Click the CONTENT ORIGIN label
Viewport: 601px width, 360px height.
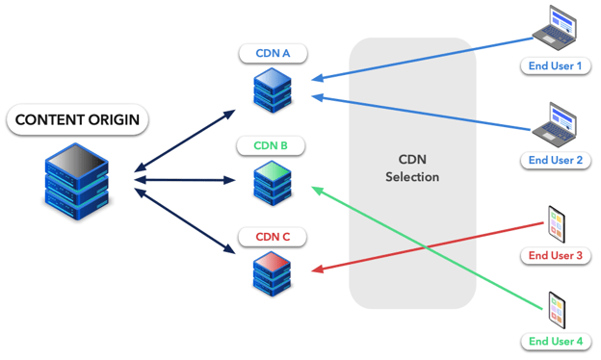click(77, 120)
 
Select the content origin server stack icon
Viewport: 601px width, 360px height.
click(77, 179)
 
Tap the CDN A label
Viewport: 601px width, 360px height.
click(273, 53)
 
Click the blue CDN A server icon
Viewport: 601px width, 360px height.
click(273, 89)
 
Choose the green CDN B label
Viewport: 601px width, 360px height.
click(271, 146)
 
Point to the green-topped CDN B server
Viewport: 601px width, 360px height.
click(273, 182)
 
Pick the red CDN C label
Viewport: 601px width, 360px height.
click(273, 237)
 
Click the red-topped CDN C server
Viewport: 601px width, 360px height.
click(273, 271)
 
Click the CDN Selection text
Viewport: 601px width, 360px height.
click(412, 168)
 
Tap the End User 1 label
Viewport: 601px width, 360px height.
click(555, 66)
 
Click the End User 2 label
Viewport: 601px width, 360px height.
click(555, 161)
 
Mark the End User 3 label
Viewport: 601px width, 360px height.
click(555, 255)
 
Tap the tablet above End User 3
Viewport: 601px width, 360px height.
click(557, 223)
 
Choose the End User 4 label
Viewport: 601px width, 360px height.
click(555, 341)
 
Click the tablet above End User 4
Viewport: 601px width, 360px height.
click(557, 309)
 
